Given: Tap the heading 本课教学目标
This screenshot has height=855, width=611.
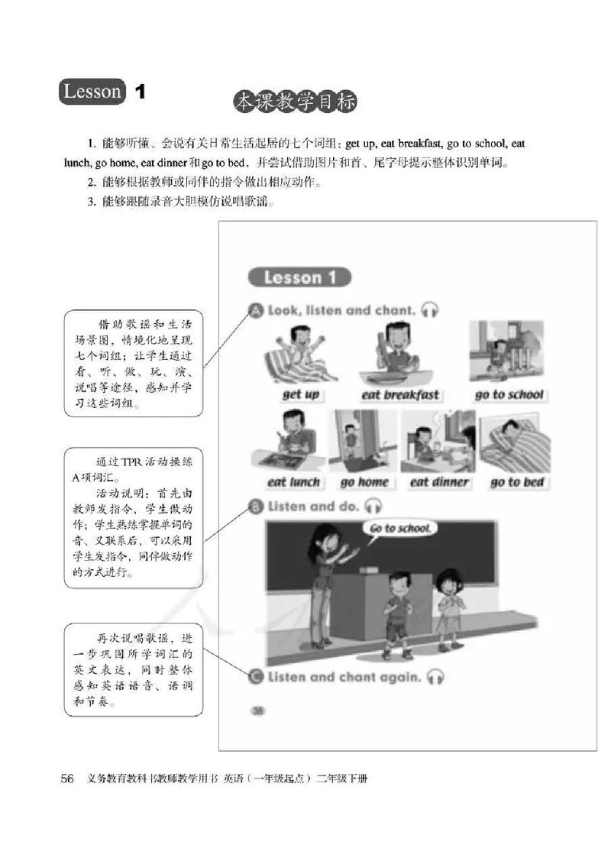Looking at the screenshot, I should coord(295,102).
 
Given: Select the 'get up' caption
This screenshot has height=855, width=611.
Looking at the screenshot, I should coord(301,394).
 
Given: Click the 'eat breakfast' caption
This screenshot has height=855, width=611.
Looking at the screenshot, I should coord(400,394).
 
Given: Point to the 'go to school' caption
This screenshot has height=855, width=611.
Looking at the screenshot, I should coord(509,394).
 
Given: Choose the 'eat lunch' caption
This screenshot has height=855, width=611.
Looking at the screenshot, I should coord(294,482).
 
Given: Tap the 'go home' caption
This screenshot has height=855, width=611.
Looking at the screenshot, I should coord(364,482).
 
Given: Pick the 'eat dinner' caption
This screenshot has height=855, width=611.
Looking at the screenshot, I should coord(439,482).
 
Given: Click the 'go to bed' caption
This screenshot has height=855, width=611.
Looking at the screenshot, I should coord(517,482).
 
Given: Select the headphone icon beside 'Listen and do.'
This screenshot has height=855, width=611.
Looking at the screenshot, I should coord(373,506).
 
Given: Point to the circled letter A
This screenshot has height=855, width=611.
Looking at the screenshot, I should coord(256,310).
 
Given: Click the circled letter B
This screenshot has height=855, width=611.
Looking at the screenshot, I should coord(256,506).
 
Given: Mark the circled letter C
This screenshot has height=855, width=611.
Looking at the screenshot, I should coord(256,676).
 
